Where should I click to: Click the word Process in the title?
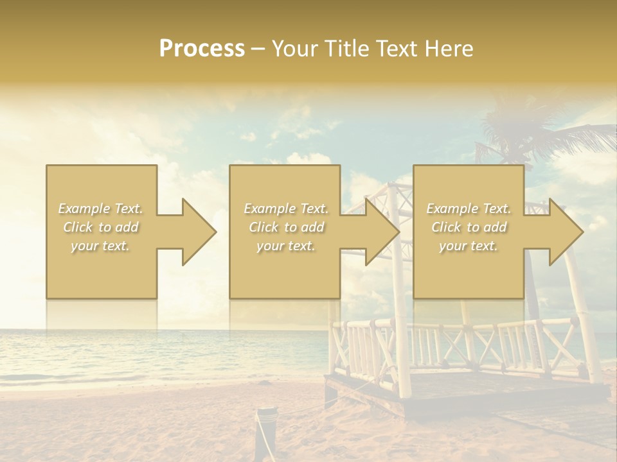202,49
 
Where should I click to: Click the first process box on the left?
102,269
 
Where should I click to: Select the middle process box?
285,269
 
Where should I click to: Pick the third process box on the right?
468,269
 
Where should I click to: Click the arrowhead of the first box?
198,232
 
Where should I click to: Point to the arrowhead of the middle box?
382,232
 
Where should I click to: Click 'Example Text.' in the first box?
101,209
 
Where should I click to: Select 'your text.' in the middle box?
285,246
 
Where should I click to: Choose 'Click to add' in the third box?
469,227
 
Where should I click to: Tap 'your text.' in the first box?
100,246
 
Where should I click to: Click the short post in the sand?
264,433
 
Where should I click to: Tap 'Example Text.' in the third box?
469,209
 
